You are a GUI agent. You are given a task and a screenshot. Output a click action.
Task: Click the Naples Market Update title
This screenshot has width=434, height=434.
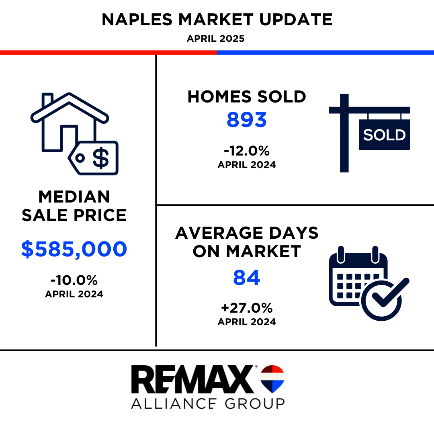click(217, 20)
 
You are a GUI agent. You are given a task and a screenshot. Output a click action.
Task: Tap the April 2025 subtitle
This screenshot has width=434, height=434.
click(216, 39)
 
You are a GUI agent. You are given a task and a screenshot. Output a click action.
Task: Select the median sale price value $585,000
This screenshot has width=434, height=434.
click(74, 249)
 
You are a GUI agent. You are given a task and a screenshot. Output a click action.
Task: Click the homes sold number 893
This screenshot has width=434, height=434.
click(246, 120)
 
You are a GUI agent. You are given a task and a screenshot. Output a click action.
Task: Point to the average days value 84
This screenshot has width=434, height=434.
click(246, 277)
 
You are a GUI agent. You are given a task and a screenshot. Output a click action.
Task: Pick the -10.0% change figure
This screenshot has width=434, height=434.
click(74, 280)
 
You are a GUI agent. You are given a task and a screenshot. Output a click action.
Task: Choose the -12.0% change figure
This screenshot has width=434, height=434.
click(247, 151)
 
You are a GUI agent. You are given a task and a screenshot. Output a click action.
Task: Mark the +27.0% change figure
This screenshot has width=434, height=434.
click(247, 308)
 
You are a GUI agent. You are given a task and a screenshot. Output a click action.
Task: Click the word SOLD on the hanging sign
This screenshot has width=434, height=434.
click(384, 135)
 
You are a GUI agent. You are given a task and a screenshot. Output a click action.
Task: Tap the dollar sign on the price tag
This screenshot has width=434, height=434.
click(101, 158)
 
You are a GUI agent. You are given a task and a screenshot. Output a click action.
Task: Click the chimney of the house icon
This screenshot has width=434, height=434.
click(47, 100)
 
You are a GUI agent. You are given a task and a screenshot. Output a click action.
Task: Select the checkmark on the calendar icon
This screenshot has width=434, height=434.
click(390, 293)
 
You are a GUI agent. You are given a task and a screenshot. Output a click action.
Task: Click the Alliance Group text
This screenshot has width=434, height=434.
click(208, 403)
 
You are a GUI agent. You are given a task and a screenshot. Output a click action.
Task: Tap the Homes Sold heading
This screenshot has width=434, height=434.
click(247, 96)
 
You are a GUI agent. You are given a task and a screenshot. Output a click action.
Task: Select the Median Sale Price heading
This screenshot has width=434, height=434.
click(74, 206)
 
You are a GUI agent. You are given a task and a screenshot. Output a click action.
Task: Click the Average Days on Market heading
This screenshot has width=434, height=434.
click(247, 242)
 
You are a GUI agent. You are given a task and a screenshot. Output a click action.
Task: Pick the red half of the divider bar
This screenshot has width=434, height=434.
click(108, 52)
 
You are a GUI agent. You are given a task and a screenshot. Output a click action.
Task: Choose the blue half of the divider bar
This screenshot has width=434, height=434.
click(325, 52)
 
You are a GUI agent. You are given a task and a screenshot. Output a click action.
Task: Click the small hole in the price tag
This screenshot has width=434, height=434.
click(80, 158)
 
